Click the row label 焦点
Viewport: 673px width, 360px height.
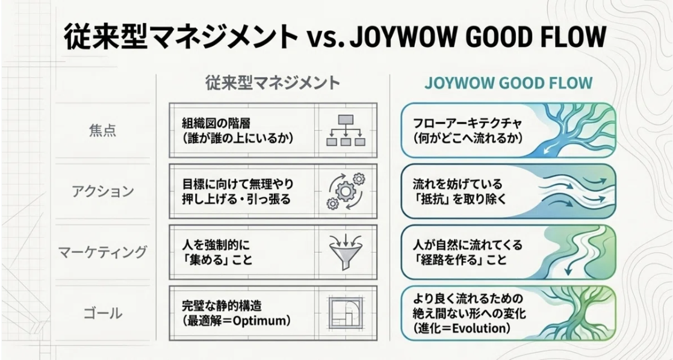[102, 131]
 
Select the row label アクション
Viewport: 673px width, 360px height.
[102, 191]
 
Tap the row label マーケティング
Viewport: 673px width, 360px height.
[102, 252]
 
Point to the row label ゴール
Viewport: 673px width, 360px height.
[102, 313]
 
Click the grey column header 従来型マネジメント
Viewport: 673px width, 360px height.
[273, 83]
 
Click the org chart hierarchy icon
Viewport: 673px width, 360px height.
[346, 130]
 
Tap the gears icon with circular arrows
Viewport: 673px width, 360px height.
[346, 191]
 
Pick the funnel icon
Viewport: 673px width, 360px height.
[346, 252]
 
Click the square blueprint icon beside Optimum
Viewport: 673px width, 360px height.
[346, 313]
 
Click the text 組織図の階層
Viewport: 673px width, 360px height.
[216, 123]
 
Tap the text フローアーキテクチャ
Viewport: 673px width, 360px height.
[467, 123]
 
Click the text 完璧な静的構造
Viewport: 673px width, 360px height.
[222, 306]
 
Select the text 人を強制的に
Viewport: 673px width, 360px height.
[216, 245]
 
